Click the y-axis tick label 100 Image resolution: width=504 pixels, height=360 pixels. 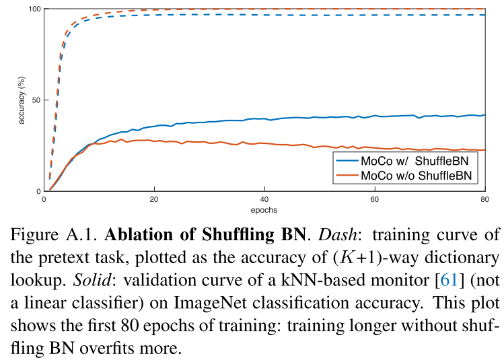[x=33, y=9]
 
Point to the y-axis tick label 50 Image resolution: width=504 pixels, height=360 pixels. [x=35, y=100]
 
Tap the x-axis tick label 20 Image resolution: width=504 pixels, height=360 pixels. [x=154, y=200]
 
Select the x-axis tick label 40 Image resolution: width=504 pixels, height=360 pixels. [x=264, y=200]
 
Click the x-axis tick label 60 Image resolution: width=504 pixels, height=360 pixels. [x=374, y=200]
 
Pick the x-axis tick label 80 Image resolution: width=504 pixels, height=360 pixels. [x=484, y=200]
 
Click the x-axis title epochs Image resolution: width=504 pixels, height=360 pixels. [x=264, y=209]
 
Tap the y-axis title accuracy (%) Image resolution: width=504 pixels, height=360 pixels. [x=22, y=100]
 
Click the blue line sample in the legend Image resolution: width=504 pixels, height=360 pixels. [x=348, y=162]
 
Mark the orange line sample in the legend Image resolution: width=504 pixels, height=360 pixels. [x=348, y=176]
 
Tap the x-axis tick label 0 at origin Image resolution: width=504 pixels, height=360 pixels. [x=44, y=200]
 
